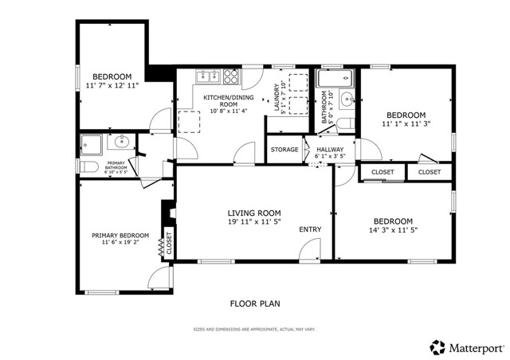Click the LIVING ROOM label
pos(254,212)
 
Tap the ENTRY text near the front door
pos(310,230)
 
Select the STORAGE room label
pos(284,150)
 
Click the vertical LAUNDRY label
pos(277,100)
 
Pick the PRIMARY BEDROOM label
pos(120,235)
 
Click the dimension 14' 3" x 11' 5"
pos(394,230)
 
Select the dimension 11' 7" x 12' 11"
pos(112,84)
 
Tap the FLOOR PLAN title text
pos(255,303)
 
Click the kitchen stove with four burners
pos(230,76)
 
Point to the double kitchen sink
pos(209,76)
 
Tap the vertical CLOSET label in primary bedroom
pos(169,242)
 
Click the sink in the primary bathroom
pos(120,143)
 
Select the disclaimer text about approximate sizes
pos(254,329)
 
